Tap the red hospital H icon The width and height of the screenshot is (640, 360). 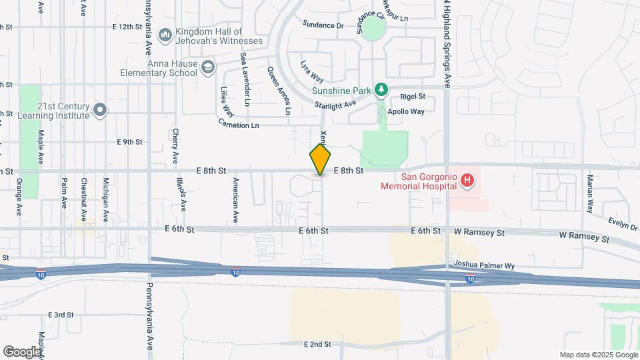[468, 180]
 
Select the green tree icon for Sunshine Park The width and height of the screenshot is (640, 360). [381, 89]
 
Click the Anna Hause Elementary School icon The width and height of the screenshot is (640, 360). [209, 67]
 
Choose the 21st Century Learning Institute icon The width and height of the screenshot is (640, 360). [100, 110]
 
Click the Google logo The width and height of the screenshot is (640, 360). [22, 351]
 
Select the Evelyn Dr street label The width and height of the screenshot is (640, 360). [623, 223]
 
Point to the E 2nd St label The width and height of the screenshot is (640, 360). [317, 344]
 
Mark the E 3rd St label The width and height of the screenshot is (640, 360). [60, 315]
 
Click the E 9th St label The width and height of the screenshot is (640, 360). [129, 142]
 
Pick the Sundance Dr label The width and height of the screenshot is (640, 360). [322, 25]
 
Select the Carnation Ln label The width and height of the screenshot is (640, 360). [238, 125]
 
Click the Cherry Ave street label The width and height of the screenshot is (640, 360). [176, 145]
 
